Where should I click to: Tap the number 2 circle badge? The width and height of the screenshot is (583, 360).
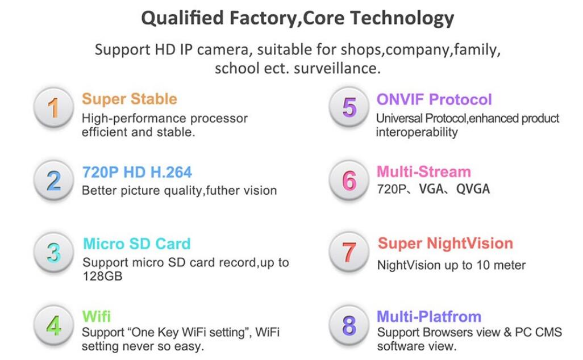pyautogui.click(x=53, y=180)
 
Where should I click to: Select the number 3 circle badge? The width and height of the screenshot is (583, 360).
pyautogui.click(x=53, y=253)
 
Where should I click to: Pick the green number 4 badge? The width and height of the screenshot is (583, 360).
pyautogui.click(x=53, y=325)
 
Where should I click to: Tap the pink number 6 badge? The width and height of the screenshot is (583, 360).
pyautogui.click(x=349, y=180)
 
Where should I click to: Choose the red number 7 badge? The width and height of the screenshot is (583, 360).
pyautogui.click(x=349, y=252)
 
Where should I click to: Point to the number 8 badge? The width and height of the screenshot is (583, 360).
pyautogui.click(x=349, y=325)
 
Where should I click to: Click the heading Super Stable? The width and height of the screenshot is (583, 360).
pyautogui.click(x=130, y=99)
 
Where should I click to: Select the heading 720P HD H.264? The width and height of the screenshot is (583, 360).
pyautogui.click(x=137, y=172)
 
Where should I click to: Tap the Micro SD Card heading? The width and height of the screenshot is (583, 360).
pyautogui.click(x=137, y=244)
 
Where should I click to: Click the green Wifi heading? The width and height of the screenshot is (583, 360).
pyautogui.click(x=96, y=316)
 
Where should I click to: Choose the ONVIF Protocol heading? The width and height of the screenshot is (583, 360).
pyautogui.click(x=434, y=99)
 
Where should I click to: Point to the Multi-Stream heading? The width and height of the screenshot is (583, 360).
pyautogui.click(x=424, y=171)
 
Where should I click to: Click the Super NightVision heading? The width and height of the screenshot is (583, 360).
pyautogui.click(x=445, y=244)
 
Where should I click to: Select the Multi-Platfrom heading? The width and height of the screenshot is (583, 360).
pyautogui.click(x=429, y=316)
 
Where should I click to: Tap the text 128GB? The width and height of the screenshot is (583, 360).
pyautogui.click(x=102, y=276)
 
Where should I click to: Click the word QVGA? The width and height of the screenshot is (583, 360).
pyautogui.click(x=473, y=189)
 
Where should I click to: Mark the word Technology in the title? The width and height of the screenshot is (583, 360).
pyautogui.click(x=402, y=18)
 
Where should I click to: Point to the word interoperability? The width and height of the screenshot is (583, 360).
pyautogui.click(x=417, y=132)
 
